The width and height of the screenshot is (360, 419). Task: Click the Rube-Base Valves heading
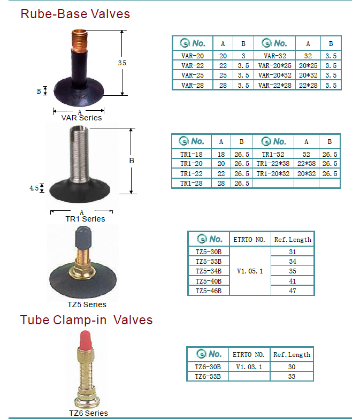click(x=75, y=14)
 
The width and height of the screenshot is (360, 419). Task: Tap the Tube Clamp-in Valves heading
click(x=86, y=320)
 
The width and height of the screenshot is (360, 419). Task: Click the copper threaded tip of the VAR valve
click(x=79, y=40)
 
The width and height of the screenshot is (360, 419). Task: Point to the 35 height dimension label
click(x=122, y=63)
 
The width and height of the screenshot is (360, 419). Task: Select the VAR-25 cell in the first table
click(x=192, y=75)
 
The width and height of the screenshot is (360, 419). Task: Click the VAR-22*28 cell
click(x=274, y=85)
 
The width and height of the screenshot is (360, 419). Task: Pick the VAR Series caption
click(x=81, y=118)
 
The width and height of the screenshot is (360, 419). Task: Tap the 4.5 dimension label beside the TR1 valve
click(x=34, y=188)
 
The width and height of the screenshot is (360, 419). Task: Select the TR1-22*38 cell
click(x=273, y=164)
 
